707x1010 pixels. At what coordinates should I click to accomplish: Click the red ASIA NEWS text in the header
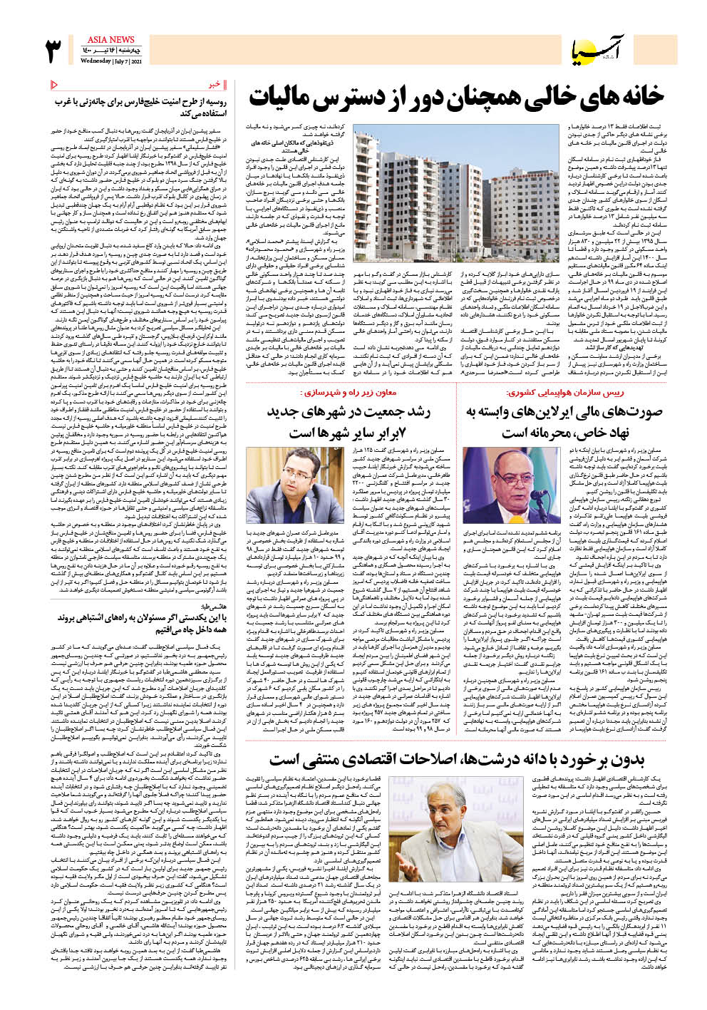[x=111, y=40]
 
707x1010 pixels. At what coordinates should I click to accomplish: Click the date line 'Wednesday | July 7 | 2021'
[x=111, y=61]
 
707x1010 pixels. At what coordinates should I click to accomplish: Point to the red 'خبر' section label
[x=215, y=85]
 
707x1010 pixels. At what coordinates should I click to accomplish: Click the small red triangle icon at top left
[x=54, y=85]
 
